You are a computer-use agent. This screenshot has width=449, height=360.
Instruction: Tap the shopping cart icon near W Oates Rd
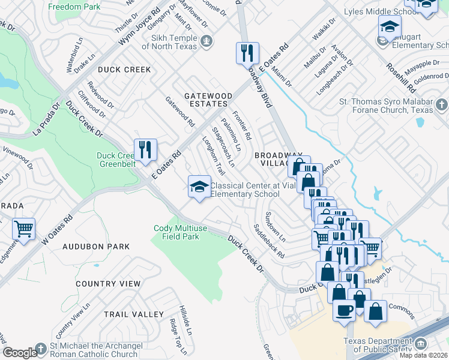click(23, 229)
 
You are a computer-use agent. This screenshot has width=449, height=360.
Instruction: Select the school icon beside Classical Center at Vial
click(199, 187)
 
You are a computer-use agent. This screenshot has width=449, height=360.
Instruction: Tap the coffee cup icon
click(345, 311)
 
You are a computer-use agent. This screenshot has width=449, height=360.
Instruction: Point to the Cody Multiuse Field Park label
click(176, 232)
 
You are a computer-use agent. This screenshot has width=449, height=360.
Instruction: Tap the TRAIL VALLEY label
click(133, 314)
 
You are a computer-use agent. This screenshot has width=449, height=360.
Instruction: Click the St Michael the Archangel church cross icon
click(40, 349)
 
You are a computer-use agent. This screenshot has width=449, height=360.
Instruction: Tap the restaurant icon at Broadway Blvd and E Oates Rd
click(247, 53)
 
